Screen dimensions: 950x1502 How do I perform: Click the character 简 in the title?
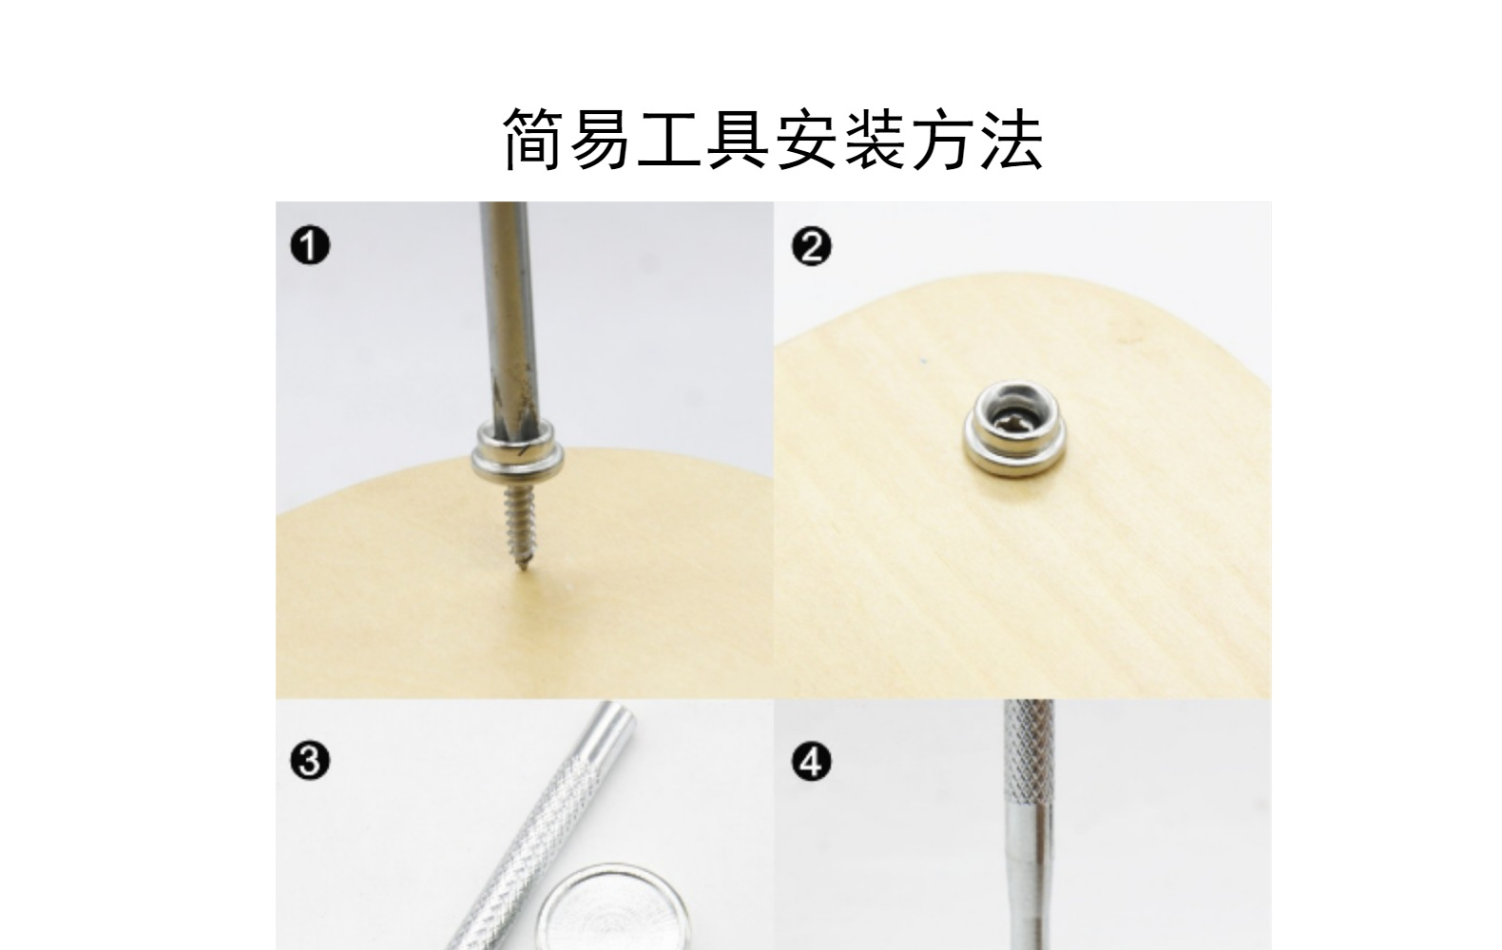click(535, 139)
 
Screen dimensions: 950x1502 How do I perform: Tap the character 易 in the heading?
click(604, 139)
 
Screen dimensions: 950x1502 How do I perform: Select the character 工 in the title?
click(671, 139)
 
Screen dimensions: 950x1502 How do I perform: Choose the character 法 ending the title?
click(1011, 139)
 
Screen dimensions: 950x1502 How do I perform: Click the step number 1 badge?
click(310, 247)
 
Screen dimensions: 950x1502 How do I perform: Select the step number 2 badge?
click(811, 247)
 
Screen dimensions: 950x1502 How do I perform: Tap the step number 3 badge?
click(310, 762)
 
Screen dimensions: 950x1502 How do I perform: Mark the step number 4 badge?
click(811, 762)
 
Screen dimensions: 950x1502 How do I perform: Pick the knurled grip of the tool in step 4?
click(1030, 760)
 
